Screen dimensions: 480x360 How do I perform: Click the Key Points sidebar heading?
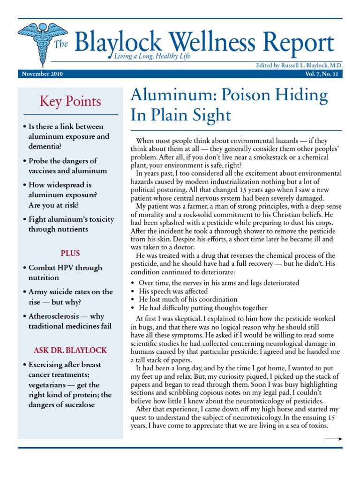pyautogui.click(x=70, y=101)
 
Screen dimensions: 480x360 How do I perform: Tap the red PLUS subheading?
pyautogui.click(x=70, y=253)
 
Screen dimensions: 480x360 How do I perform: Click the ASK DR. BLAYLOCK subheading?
pyautogui.click(x=70, y=350)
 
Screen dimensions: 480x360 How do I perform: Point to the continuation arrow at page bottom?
pyautogui.click(x=333, y=439)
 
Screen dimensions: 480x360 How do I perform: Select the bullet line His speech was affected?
pyautogui.click(x=173, y=291)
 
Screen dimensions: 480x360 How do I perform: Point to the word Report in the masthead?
pyautogui.click(x=300, y=43)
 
